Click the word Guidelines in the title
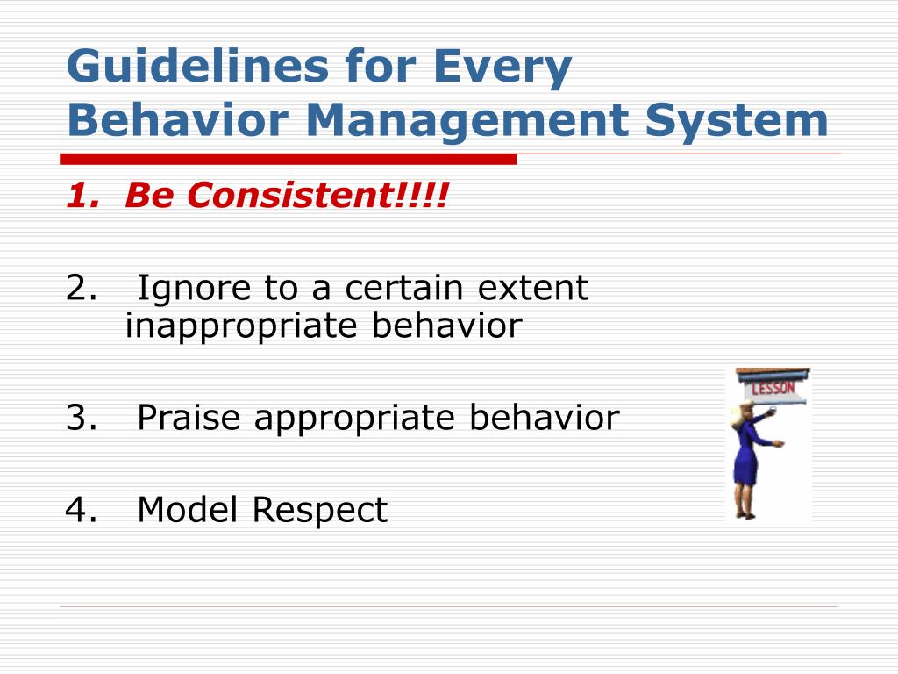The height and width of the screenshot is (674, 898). click(x=198, y=65)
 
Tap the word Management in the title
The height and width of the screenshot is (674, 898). click(x=467, y=122)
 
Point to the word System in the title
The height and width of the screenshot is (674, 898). click(x=737, y=122)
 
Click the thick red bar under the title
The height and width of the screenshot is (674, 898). click(x=289, y=159)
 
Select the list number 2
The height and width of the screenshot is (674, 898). click(x=81, y=288)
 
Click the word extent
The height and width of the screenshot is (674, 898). click(x=532, y=288)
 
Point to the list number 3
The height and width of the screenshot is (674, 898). click(x=81, y=417)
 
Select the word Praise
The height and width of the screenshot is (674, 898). click(x=189, y=417)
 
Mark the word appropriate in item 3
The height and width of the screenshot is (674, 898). click(x=354, y=419)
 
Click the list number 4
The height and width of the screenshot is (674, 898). click(x=81, y=510)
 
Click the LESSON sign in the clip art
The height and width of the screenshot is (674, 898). click(x=773, y=388)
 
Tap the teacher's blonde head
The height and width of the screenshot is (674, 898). click(x=742, y=414)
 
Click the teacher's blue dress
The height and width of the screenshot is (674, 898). click(x=747, y=454)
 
